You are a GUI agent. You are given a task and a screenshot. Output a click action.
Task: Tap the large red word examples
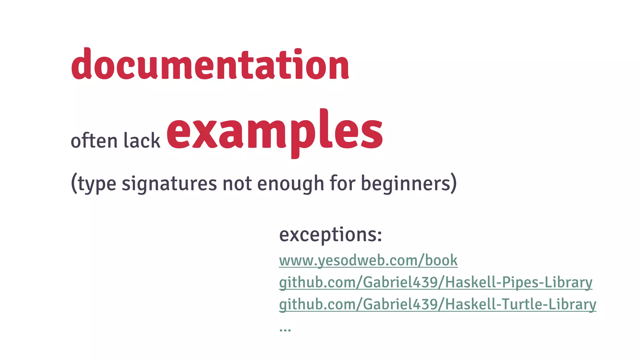(274, 131)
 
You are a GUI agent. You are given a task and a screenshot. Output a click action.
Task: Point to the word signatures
(169, 183)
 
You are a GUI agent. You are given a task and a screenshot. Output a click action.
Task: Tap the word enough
(291, 183)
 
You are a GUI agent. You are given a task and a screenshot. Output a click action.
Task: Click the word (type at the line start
(93, 183)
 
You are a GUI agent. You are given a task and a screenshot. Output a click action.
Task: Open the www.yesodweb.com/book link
(368, 260)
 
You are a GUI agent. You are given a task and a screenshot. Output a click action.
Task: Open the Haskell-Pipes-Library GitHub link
(435, 282)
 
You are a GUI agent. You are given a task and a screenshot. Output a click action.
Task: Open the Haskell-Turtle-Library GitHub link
(437, 304)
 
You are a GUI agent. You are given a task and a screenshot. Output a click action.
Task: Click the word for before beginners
(342, 183)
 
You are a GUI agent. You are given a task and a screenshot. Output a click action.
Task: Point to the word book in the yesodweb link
(441, 260)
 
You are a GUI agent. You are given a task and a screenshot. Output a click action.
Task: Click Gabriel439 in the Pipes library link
(400, 282)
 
